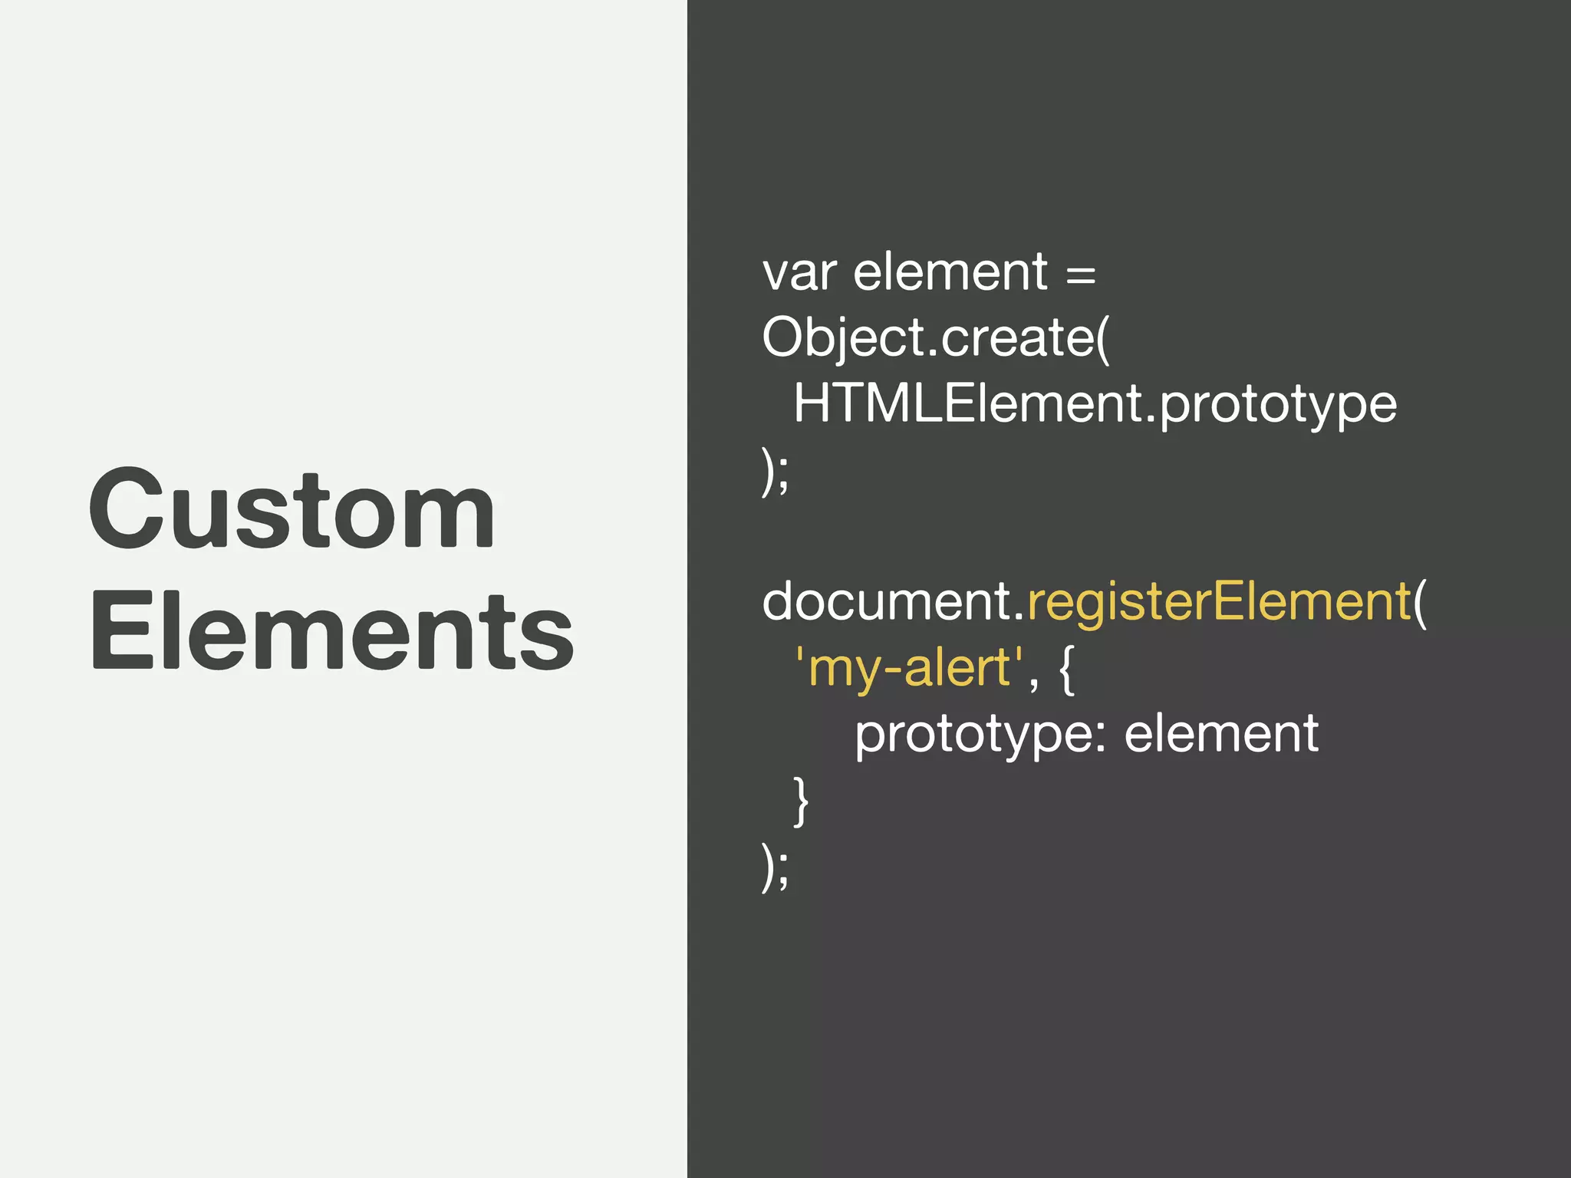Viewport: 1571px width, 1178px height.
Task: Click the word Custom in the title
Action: tap(291, 509)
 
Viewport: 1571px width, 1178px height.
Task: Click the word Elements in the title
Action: tap(331, 632)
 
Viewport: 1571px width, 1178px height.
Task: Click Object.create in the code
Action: tap(928, 338)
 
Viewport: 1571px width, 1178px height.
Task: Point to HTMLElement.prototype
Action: tap(1095, 404)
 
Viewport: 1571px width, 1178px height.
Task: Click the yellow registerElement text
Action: tap(1218, 602)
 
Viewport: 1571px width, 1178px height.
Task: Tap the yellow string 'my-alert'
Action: tap(909, 668)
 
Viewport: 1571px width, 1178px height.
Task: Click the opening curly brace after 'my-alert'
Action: tap(1066, 670)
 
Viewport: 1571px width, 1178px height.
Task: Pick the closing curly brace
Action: tap(800, 801)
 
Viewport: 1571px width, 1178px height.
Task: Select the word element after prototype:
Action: tap(1221, 734)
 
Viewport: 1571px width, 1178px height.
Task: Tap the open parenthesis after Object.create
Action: tap(1103, 338)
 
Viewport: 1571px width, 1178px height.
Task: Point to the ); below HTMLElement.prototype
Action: tap(775, 472)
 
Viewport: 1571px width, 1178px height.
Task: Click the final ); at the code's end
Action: tap(775, 867)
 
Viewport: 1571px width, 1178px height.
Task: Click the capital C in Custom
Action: tap(126, 509)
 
